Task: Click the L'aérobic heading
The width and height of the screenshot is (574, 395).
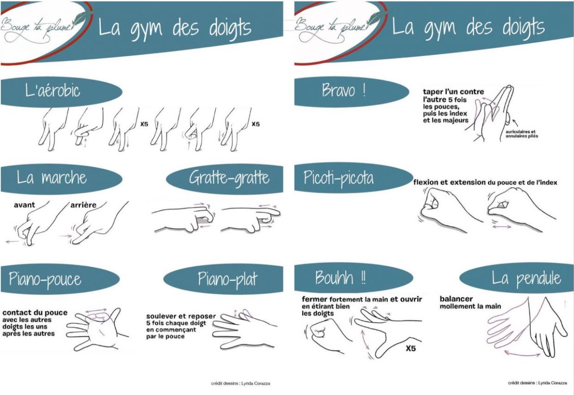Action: click(52, 91)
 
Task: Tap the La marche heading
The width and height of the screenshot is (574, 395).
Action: click(52, 177)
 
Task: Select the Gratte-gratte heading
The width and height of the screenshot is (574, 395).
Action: click(229, 178)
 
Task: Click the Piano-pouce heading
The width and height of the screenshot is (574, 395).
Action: click(45, 279)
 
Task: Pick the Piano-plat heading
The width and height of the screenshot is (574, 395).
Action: click(227, 279)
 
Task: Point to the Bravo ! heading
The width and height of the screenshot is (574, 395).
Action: click(344, 90)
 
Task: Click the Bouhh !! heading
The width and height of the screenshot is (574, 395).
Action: click(340, 278)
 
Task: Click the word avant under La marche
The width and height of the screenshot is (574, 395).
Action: click(24, 205)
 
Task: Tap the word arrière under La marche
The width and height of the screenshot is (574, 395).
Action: click(83, 205)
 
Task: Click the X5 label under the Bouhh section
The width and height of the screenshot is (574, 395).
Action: click(410, 348)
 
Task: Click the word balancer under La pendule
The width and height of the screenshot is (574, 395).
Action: click(456, 299)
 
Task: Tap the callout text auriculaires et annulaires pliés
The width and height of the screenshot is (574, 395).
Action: click(522, 134)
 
